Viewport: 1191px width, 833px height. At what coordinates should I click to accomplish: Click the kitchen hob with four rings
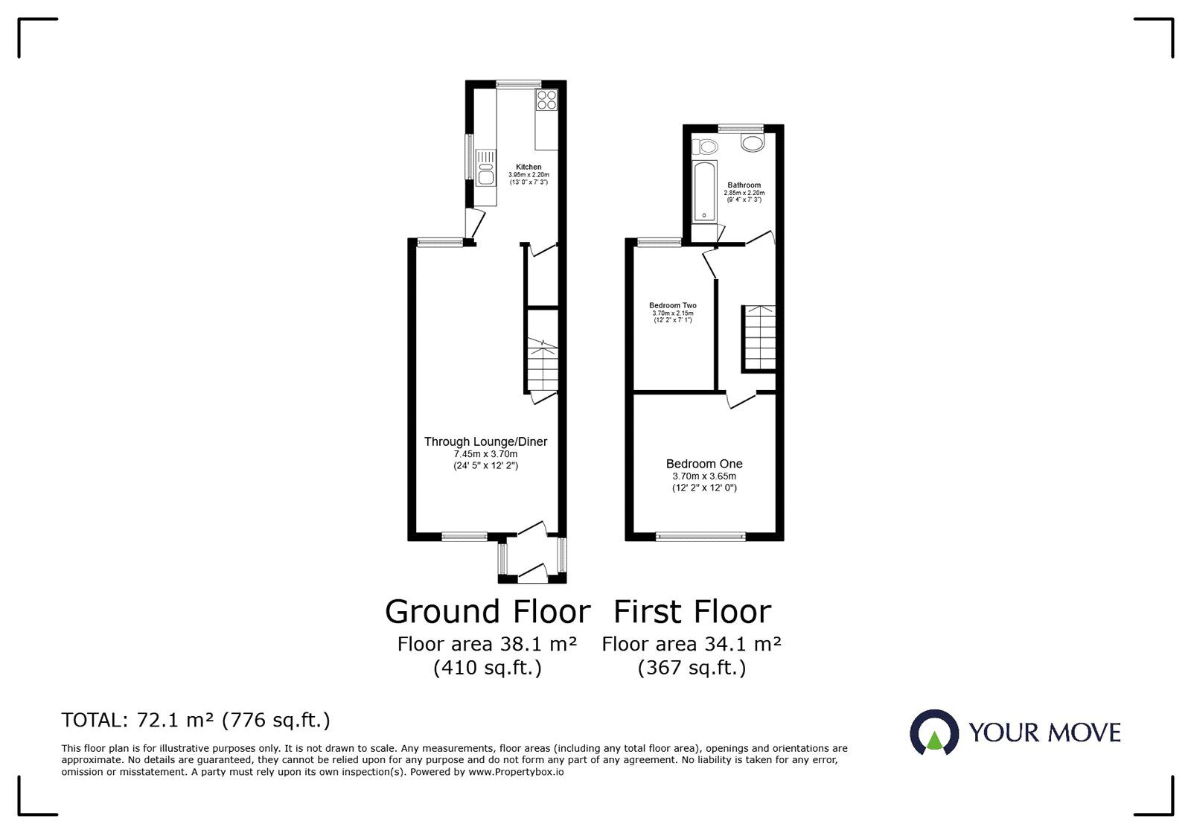click(x=546, y=100)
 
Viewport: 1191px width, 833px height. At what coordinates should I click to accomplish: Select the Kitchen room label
click(x=529, y=167)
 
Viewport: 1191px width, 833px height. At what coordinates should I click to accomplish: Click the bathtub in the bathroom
click(x=704, y=191)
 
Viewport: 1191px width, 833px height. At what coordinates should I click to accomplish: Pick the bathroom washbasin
click(x=753, y=142)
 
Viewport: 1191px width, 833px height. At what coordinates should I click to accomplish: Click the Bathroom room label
click(x=744, y=185)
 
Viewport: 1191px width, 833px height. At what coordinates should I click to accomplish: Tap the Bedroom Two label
click(x=673, y=305)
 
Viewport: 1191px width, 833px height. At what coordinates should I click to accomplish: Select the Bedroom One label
click(x=704, y=464)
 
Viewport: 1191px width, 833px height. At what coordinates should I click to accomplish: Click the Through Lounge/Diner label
click(x=485, y=441)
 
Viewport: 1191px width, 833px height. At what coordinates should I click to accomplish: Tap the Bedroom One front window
click(x=700, y=535)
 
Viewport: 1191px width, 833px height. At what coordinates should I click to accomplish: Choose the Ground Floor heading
click(x=488, y=612)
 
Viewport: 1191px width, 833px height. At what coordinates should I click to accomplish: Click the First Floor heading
click(x=692, y=612)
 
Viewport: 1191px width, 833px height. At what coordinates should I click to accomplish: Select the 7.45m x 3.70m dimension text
click(x=485, y=454)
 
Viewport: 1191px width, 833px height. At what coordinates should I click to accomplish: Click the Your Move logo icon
click(x=934, y=733)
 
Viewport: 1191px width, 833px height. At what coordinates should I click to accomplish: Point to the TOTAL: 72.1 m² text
click(x=196, y=721)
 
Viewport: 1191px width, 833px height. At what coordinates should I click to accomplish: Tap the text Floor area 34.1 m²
click(x=692, y=644)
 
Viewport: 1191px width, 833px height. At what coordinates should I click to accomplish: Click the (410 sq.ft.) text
click(x=488, y=668)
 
